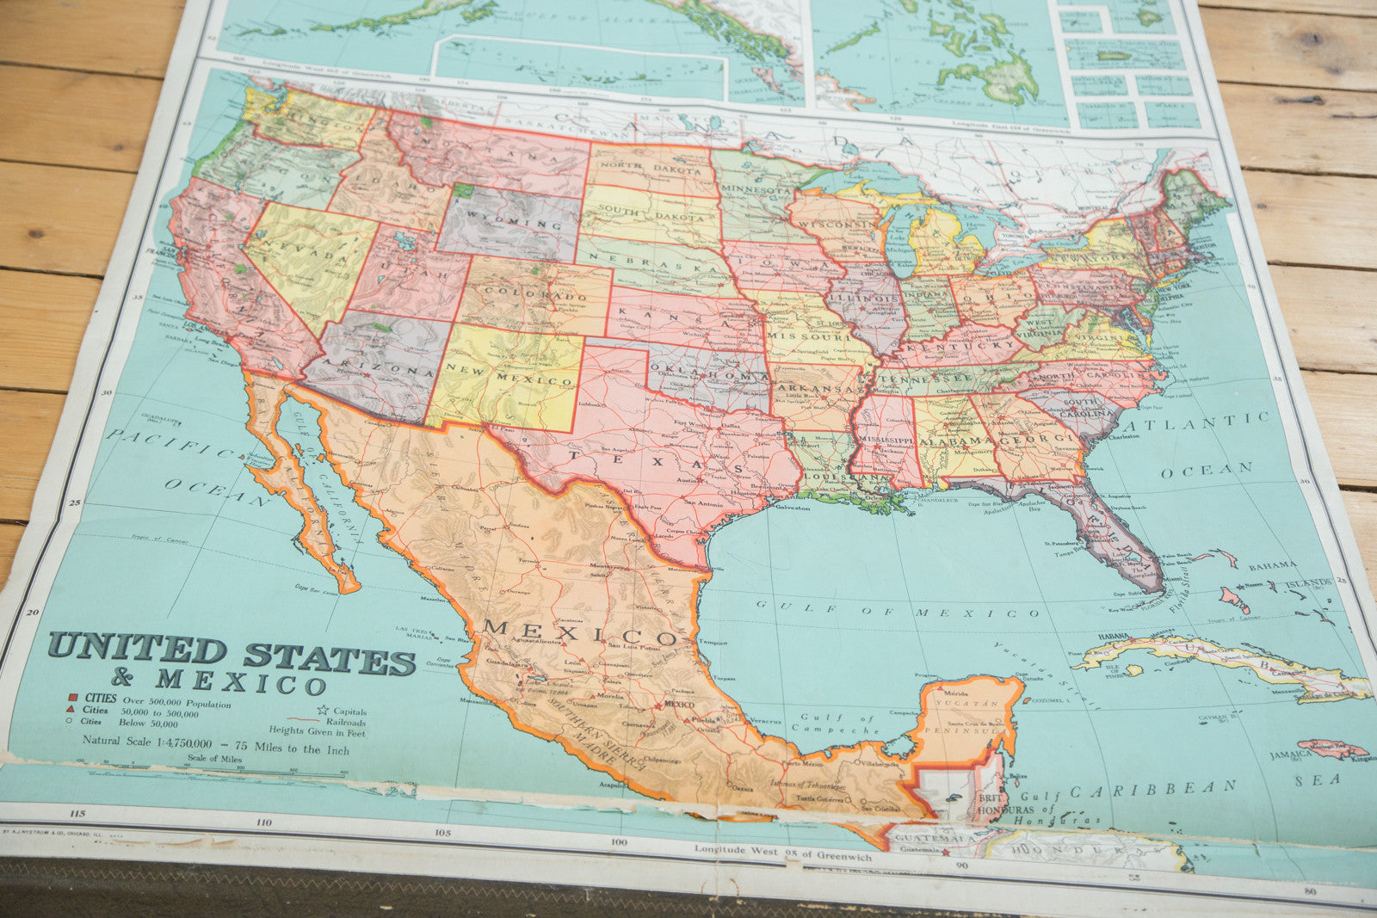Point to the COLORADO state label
pyautogui.click(x=534, y=295)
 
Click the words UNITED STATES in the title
pyautogui.click(x=232, y=654)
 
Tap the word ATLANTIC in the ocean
pyautogui.click(x=1201, y=425)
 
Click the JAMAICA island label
pyautogui.click(x=1290, y=755)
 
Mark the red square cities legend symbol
pyautogui.click(x=74, y=695)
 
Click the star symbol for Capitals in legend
pyautogui.click(x=323, y=711)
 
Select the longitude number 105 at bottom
pyautogui.click(x=442, y=832)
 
